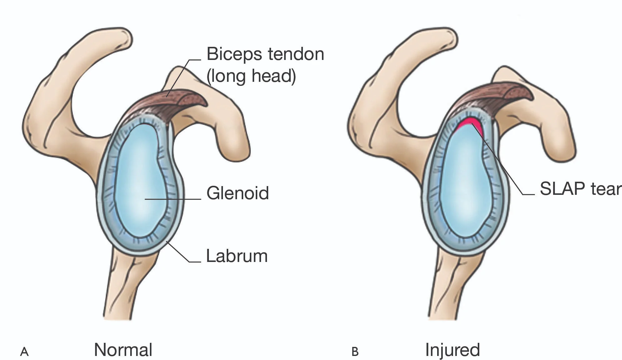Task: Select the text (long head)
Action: pyautogui.click(x=251, y=76)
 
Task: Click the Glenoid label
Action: pyautogui.click(x=238, y=193)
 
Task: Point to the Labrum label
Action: pyautogui.click(x=237, y=256)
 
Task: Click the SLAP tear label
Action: pyautogui.click(x=580, y=189)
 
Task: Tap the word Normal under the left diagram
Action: pyautogui.click(x=123, y=349)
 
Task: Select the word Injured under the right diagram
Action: pyautogui.click(x=452, y=350)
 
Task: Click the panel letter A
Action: pyautogui.click(x=24, y=352)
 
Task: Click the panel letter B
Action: pyautogui.click(x=355, y=352)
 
